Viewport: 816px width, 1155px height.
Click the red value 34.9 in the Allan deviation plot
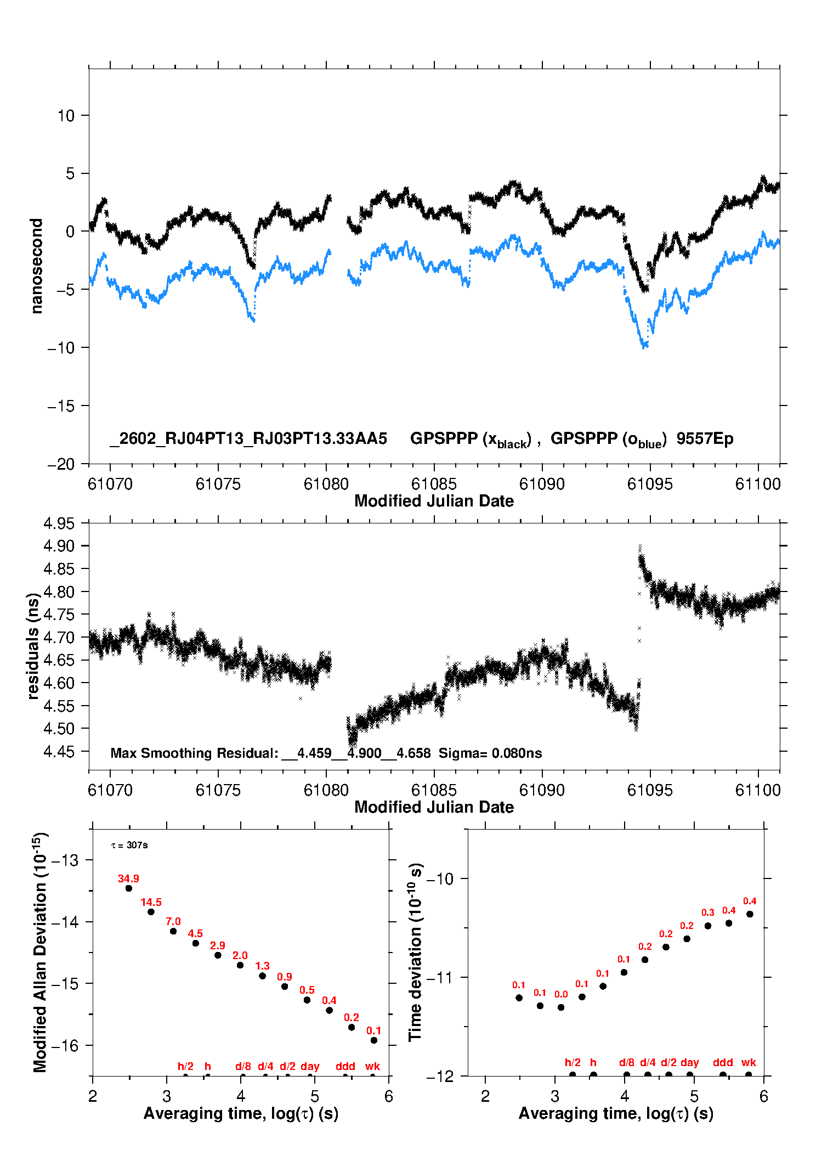pos(128,878)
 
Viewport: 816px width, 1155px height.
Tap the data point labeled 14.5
pos(151,911)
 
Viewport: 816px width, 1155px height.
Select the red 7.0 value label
pos(173,921)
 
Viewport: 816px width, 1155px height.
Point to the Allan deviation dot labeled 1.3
pos(262,976)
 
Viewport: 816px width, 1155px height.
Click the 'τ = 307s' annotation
pos(129,845)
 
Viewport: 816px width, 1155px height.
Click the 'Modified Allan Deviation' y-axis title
pos(39,952)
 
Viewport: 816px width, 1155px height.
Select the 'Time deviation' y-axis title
pos(415,952)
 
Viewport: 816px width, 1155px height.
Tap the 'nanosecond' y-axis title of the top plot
pos(36,266)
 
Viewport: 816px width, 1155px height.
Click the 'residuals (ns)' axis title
pos(33,646)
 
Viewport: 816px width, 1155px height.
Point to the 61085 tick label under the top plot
pos(434,484)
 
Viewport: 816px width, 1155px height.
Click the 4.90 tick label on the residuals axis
pos(59,546)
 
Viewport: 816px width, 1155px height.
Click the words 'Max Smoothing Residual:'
pos(195,753)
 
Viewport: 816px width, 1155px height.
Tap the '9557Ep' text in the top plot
pos(705,438)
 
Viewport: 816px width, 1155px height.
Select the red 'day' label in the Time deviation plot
pos(689,1062)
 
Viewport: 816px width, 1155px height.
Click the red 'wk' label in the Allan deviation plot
pos(372,1066)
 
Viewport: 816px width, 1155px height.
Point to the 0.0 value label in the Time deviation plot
pos(561,994)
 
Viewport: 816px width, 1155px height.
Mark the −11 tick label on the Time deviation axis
pos(440,977)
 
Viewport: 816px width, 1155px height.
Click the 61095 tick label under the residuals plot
pos(650,790)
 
